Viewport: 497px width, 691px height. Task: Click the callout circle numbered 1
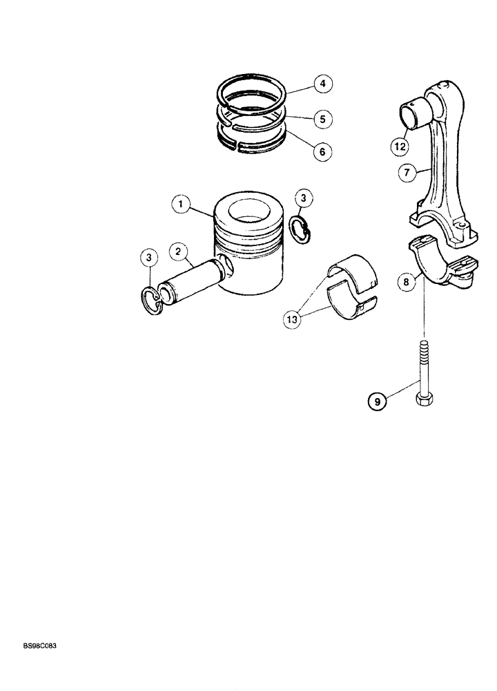(181, 205)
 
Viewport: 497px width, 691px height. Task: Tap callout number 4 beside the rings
(322, 85)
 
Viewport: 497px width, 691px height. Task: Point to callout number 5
(322, 119)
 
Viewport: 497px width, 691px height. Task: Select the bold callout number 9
(377, 400)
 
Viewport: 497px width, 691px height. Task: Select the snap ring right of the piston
(302, 231)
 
